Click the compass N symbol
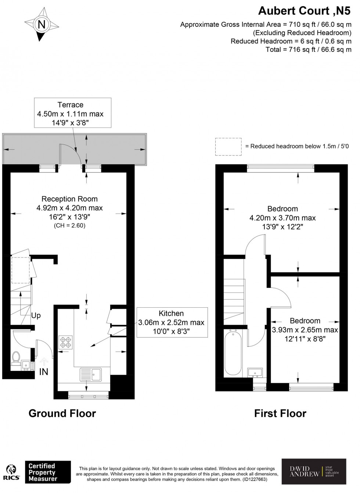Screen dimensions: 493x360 click(x=42, y=25)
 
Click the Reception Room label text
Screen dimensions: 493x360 click(x=69, y=199)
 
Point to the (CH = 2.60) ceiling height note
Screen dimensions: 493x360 click(x=69, y=225)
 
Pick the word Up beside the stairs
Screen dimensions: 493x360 click(x=36, y=315)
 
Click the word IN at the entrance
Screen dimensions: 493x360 click(x=43, y=372)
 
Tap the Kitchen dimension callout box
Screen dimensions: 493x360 click(x=171, y=322)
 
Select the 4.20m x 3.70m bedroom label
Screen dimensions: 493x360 click(x=282, y=218)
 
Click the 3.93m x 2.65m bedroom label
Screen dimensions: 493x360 click(x=305, y=330)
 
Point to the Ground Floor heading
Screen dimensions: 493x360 click(x=62, y=413)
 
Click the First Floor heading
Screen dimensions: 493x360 click(x=280, y=413)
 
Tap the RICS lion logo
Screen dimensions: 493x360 click(x=12, y=472)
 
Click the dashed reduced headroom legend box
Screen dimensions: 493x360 click(x=228, y=146)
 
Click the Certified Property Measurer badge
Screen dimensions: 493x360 click(x=47, y=472)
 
